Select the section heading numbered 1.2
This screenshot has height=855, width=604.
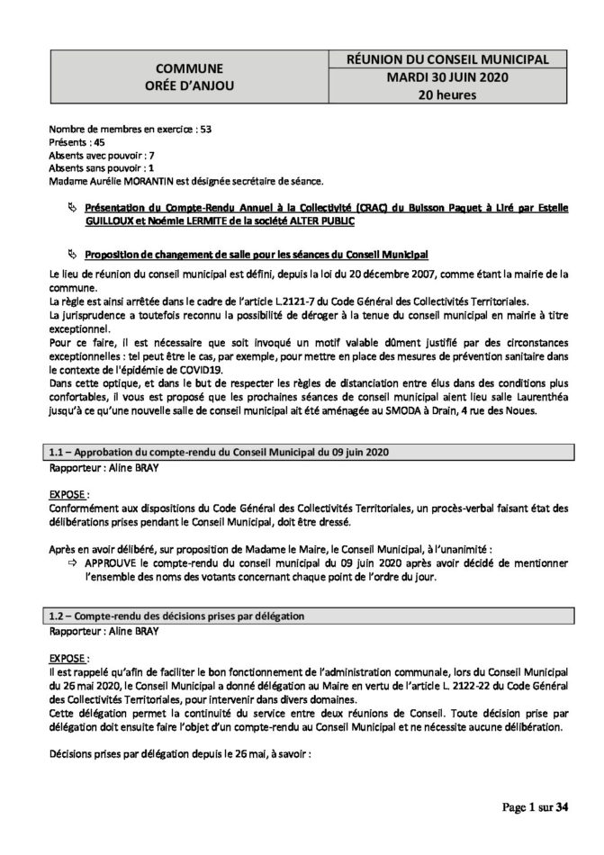click(x=176, y=616)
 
